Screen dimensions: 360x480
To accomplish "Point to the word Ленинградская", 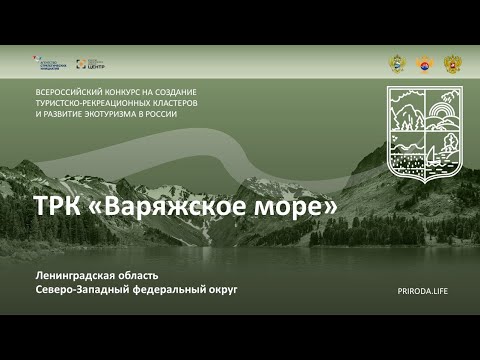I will [75, 275].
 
